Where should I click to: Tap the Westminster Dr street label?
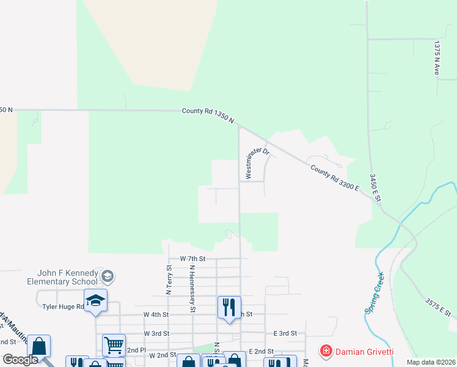click(x=257, y=163)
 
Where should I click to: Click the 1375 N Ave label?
click(x=437, y=58)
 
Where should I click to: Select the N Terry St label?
click(x=169, y=280)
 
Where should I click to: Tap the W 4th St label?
click(x=155, y=314)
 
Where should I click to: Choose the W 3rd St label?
click(x=156, y=333)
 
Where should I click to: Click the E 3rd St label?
click(x=284, y=333)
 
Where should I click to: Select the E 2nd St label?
click(x=260, y=352)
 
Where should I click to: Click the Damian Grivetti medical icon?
click(x=326, y=351)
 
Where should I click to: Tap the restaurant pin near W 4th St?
click(x=229, y=306)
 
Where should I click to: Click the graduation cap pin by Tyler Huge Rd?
click(x=95, y=300)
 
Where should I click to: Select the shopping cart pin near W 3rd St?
click(x=114, y=346)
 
